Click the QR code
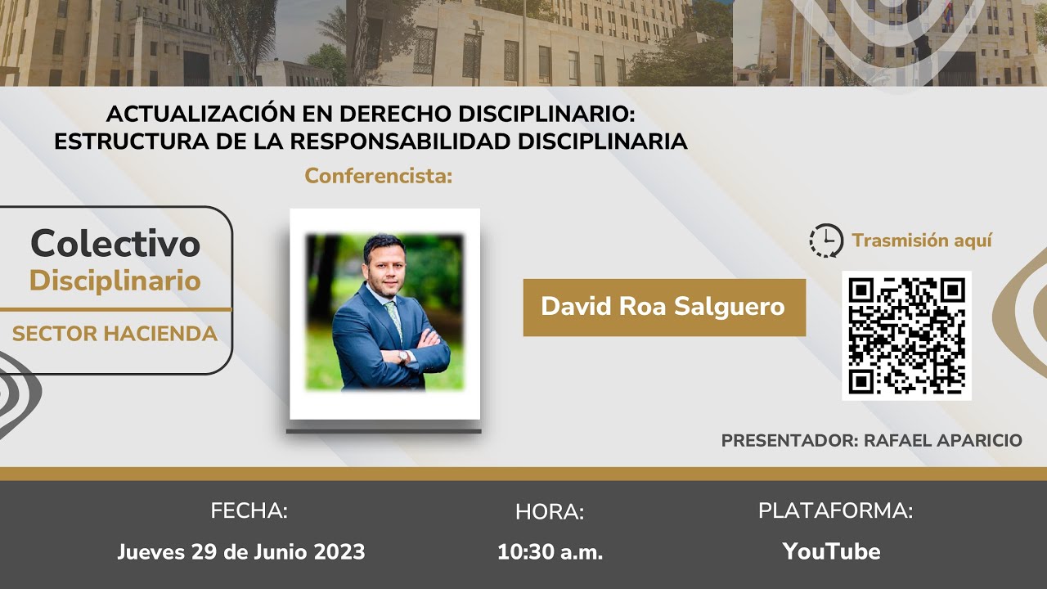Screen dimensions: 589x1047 click(906, 335)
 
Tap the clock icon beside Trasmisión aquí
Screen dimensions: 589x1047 click(826, 241)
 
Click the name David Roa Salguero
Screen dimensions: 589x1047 click(663, 307)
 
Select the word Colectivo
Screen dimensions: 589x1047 click(115, 243)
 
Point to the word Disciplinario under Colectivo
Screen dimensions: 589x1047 click(115, 281)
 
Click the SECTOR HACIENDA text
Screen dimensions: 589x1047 click(115, 334)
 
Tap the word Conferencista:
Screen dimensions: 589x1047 click(379, 176)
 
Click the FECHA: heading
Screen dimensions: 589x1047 click(249, 511)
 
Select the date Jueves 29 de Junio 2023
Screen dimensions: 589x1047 click(241, 551)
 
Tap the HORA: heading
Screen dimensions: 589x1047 click(550, 513)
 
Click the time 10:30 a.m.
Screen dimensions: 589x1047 click(550, 552)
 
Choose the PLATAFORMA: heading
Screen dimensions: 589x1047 click(835, 511)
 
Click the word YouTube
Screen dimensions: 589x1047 click(831, 551)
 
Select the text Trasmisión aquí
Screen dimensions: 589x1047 click(922, 241)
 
